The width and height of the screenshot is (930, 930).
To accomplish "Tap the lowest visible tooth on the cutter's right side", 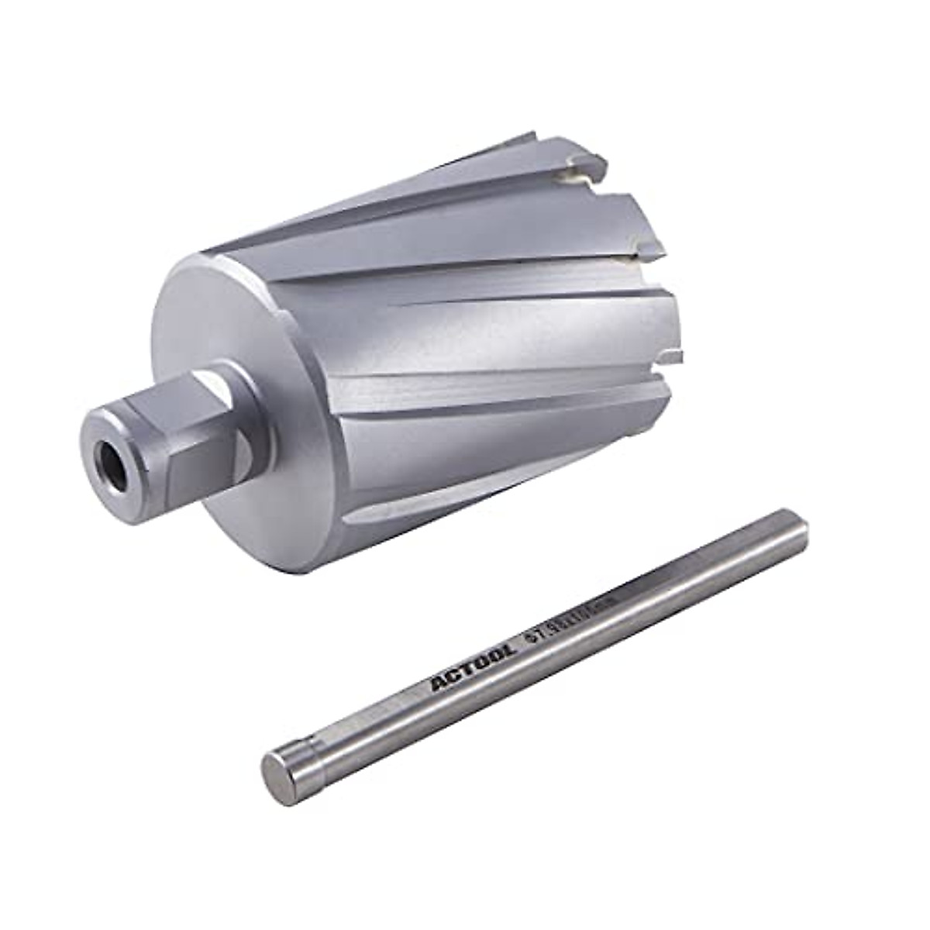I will point(674,356).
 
